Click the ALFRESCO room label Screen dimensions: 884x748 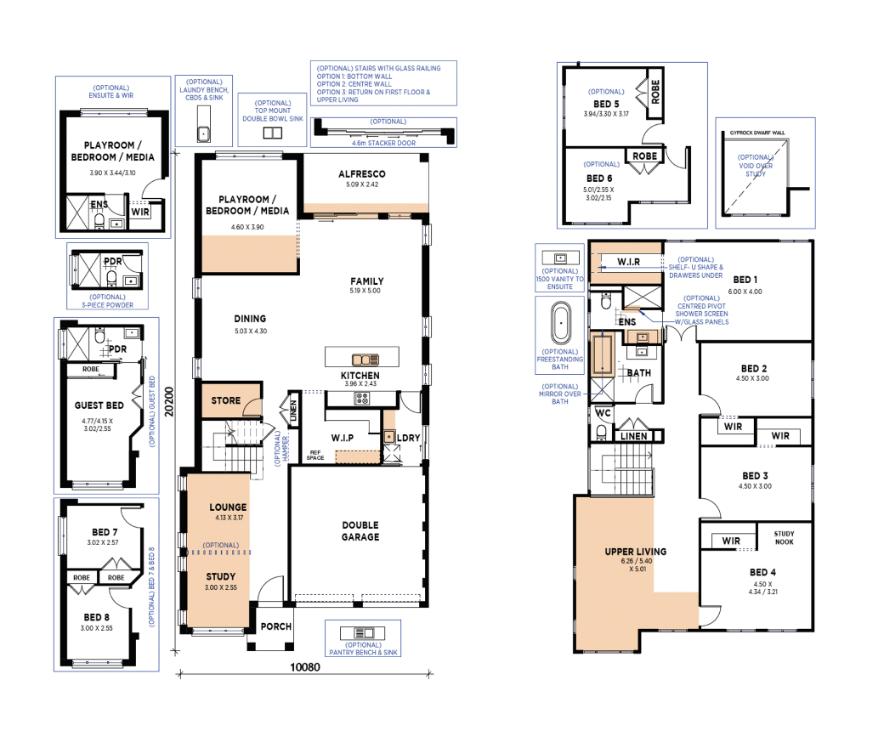pyautogui.click(x=362, y=174)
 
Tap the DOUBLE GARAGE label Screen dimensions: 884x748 pyautogui.click(x=360, y=531)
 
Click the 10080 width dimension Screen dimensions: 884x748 pyautogui.click(x=305, y=667)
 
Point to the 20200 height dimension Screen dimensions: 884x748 pyautogui.click(x=169, y=401)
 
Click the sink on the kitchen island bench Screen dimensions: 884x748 pyautogui.click(x=365, y=360)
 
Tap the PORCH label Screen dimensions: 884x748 pyautogui.click(x=276, y=626)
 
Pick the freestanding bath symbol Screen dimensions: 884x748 pyautogui.click(x=560, y=323)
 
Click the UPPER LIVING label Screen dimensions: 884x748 pyautogui.click(x=636, y=552)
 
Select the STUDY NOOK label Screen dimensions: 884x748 pyautogui.click(x=785, y=538)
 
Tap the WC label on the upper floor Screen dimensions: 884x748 pyautogui.click(x=603, y=413)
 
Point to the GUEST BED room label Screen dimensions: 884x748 pyautogui.click(x=99, y=405)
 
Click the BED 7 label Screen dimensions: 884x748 pyautogui.click(x=105, y=532)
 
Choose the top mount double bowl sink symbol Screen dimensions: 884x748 pyautogui.click(x=273, y=133)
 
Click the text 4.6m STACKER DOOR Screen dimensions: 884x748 pyautogui.click(x=384, y=143)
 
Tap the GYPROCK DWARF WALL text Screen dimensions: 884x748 pyautogui.click(x=757, y=133)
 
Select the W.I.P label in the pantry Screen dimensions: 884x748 pyautogui.click(x=343, y=438)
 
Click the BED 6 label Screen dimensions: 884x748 pyautogui.click(x=599, y=178)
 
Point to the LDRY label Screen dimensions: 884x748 pyautogui.click(x=409, y=438)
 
